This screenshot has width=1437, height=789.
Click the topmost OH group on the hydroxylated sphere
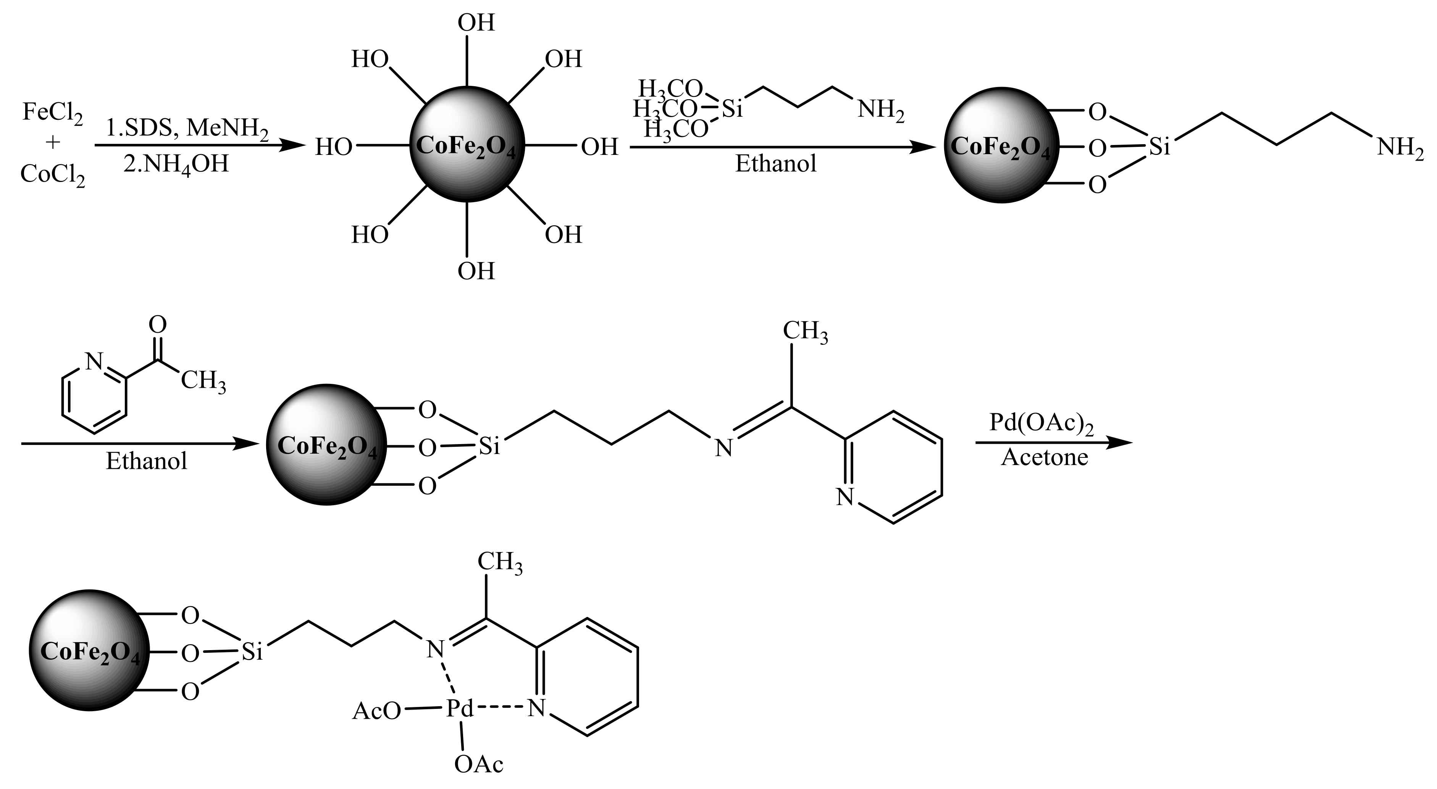pos(476,23)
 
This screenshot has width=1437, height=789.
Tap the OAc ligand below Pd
pos(479,765)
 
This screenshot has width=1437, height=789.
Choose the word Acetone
pos(1044,457)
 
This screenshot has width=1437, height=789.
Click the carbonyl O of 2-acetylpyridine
pos(158,325)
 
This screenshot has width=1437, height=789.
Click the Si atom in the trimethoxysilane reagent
pos(732,109)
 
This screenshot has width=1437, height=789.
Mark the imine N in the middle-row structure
pos(723,448)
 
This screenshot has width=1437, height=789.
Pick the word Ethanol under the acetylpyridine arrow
pos(146,462)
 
